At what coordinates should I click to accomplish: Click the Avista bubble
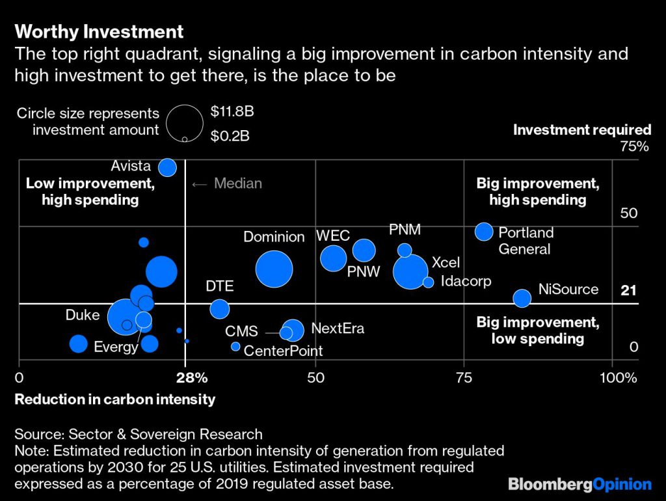coord(168,167)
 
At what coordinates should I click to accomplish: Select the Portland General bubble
coord(484,231)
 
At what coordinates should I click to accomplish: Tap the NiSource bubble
coord(522,298)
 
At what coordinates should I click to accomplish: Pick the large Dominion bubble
coord(274,269)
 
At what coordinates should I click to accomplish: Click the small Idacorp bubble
coord(428,282)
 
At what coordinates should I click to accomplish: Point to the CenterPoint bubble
coord(235,347)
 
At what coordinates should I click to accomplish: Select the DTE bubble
coord(220,308)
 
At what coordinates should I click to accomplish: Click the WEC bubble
coord(334,258)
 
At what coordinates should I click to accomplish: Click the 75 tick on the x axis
coord(463,378)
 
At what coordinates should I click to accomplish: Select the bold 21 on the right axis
coord(628,291)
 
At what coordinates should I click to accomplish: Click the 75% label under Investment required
coord(634,146)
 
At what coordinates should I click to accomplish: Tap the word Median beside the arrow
coord(238,183)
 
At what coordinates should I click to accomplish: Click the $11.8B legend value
coord(232,111)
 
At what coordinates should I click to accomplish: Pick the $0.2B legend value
coord(231,136)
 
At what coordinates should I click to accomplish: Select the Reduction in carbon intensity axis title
coord(114,399)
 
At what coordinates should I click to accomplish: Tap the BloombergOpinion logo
coord(579,484)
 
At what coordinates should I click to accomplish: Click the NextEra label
coord(338,329)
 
